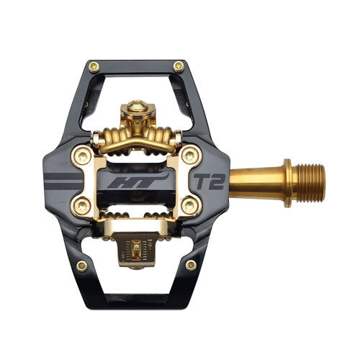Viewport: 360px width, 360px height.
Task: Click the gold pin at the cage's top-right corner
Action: tap(179, 66)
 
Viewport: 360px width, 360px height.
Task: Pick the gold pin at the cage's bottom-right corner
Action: tap(191, 266)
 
